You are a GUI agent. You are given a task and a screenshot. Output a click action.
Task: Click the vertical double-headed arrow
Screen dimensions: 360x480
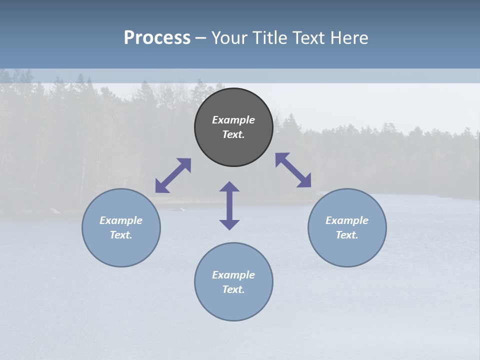229,206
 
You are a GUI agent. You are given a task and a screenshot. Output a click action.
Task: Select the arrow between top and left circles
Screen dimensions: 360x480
173,175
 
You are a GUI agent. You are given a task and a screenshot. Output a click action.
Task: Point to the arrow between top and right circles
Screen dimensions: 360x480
293,170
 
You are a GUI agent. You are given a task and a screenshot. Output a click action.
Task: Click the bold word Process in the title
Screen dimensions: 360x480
157,38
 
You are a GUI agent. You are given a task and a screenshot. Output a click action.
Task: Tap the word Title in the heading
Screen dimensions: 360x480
270,38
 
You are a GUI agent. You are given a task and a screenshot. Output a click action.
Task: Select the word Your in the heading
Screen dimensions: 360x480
229,38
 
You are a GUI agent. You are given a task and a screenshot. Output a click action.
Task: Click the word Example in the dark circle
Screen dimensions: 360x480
233,120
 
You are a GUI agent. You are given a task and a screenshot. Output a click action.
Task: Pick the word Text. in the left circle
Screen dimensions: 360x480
121,235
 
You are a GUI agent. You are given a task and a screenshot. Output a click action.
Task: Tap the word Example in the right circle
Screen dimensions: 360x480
347,220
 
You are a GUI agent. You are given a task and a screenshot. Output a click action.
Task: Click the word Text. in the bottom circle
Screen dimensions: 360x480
233,289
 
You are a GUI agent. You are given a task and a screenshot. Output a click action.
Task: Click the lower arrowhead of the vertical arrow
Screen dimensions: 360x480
229,224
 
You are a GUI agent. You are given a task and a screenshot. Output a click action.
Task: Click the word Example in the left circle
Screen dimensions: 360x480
121,220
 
